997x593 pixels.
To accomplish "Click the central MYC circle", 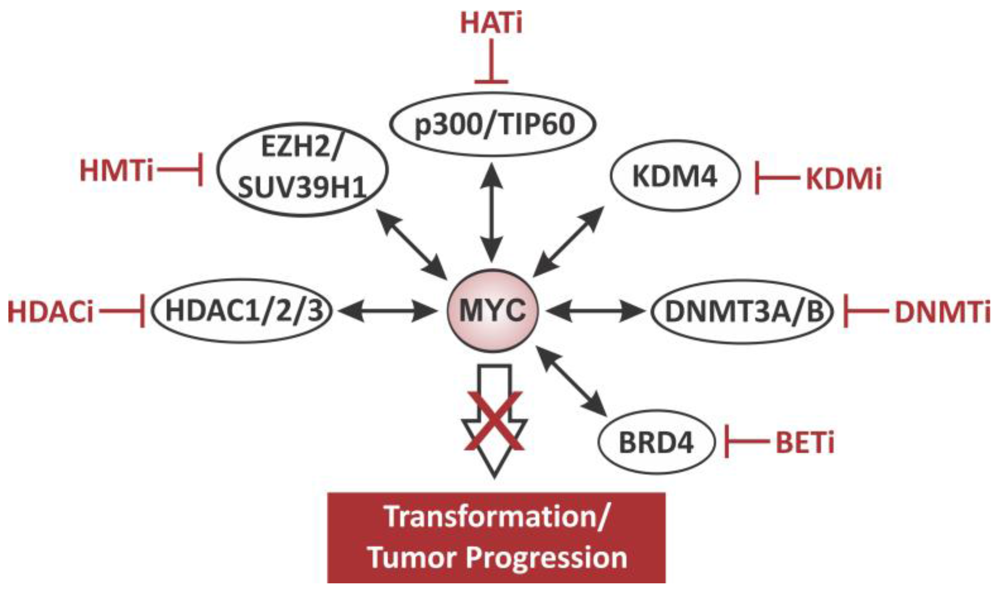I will [x=492, y=311].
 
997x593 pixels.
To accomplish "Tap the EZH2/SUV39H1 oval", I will [x=302, y=169].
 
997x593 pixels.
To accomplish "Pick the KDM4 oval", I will [x=674, y=176].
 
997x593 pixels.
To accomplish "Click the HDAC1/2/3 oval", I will [x=242, y=311].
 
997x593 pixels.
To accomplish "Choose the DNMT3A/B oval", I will [x=742, y=312].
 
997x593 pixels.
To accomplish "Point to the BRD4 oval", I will [x=656, y=442].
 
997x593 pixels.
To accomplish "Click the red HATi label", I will [x=491, y=23].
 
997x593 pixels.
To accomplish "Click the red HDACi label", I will [x=50, y=312].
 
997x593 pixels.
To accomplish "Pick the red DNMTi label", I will [x=942, y=312].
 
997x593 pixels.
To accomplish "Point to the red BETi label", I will [x=805, y=443].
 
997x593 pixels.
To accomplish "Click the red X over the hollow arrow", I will [x=495, y=421].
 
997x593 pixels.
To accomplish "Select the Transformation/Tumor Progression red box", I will [x=496, y=537].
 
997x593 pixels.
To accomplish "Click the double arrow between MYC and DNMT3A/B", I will [x=595, y=311].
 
